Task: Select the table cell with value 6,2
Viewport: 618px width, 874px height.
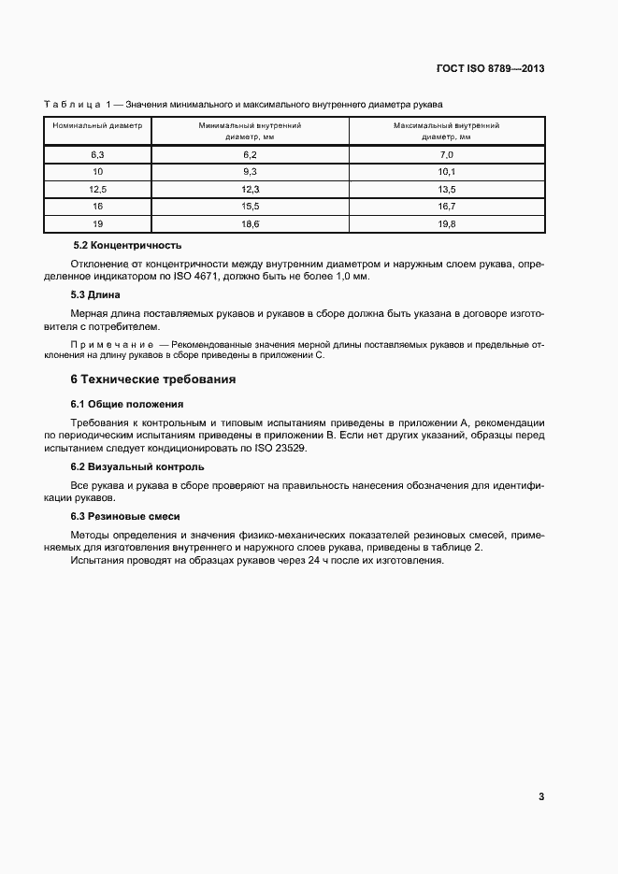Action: pos(250,154)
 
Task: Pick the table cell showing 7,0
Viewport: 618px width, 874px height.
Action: pos(446,154)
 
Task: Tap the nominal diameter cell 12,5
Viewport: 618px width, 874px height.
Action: pos(97,189)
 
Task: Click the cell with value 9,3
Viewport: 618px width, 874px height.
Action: pos(250,172)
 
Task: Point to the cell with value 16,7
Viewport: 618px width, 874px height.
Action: pos(446,207)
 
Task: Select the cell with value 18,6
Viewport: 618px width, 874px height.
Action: pos(250,224)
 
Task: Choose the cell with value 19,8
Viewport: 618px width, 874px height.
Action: pos(446,224)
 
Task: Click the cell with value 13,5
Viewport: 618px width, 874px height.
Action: pos(446,189)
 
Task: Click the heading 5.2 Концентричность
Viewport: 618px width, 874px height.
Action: pos(126,245)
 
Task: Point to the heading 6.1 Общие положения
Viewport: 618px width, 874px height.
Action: pos(127,404)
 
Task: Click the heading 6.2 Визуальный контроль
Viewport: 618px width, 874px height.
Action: pos(137,466)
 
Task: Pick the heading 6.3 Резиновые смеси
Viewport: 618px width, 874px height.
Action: pos(125,516)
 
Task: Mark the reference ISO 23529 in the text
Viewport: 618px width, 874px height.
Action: pos(277,449)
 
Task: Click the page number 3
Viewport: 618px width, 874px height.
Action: pos(541,796)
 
